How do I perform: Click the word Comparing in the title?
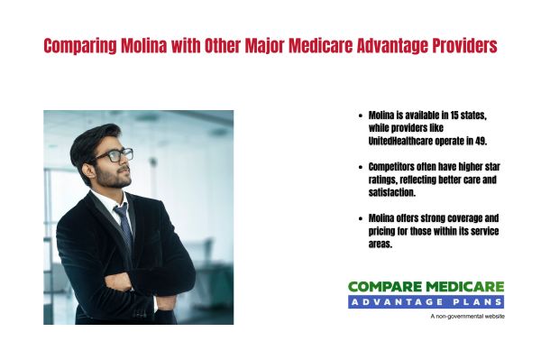pos(78,46)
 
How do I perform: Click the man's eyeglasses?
pos(114,155)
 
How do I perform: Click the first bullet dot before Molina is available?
pos(361,116)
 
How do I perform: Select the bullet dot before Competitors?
pos(361,168)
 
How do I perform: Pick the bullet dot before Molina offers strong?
pos(361,218)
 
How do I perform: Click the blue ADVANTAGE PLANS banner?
pos(426,301)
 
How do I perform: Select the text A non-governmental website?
pos(467,317)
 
